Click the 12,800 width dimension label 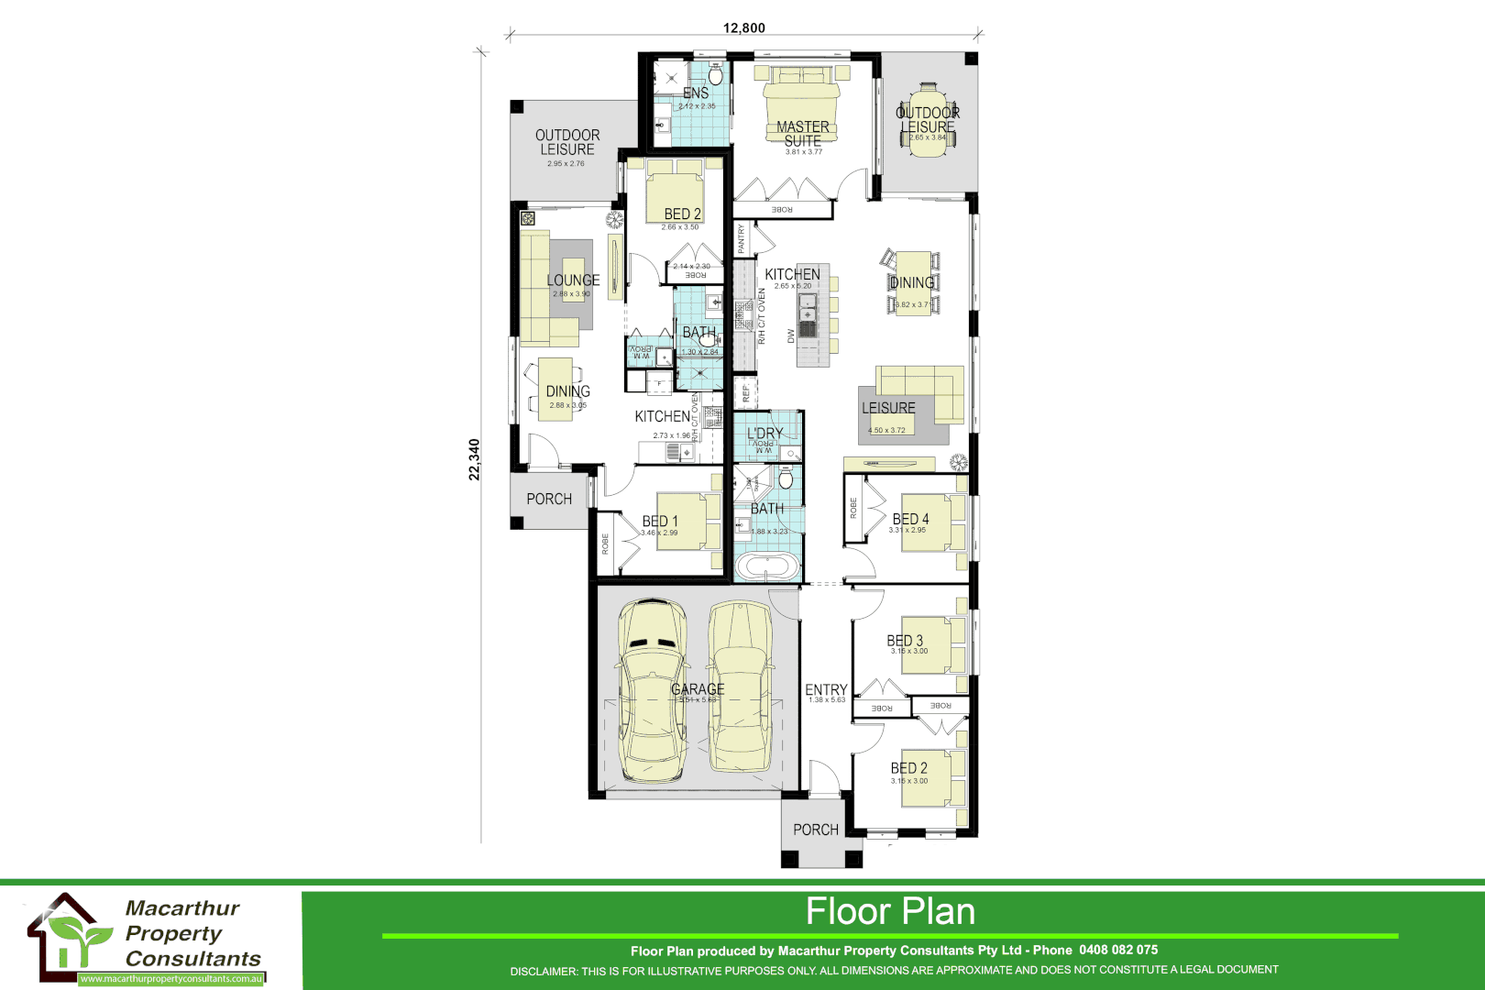tap(743, 27)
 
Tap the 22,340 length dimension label tap(474, 459)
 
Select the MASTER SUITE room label tap(802, 134)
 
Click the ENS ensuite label tap(696, 93)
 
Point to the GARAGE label tap(698, 689)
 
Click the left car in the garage tap(653, 683)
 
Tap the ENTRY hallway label tap(826, 690)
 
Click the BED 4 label tap(910, 519)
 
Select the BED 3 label tap(905, 641)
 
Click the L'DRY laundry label tap(764, 434)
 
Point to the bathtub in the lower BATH tap(768, 566)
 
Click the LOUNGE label tap(574, 280)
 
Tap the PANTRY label tap(742, 239)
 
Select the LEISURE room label tap(888, 408)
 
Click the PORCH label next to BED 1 tap(549, 499)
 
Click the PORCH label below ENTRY tap(816, 830)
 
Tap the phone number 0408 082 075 tap(1118, 950)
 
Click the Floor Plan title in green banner tap(890, 911)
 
